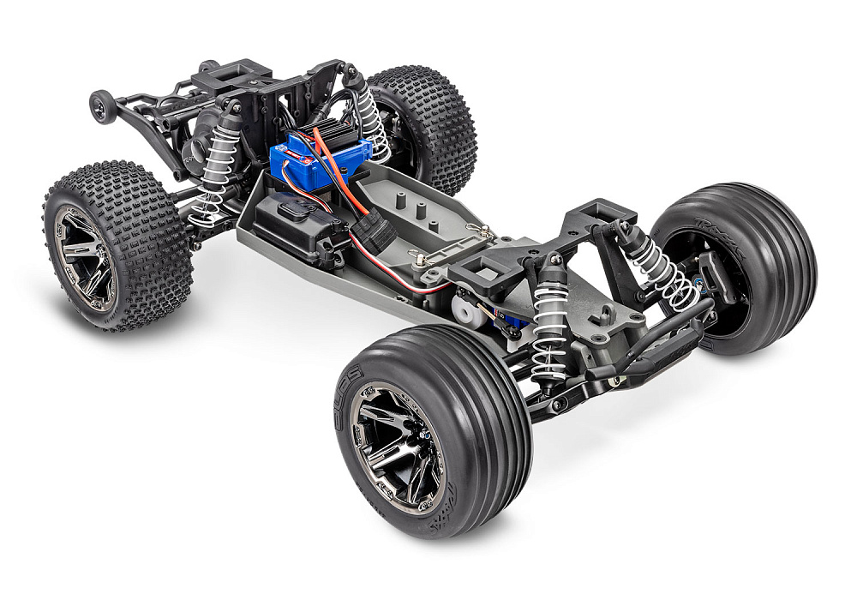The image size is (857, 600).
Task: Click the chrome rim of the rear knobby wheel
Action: pos(85,257)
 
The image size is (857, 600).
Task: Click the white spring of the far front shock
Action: pos(664,270)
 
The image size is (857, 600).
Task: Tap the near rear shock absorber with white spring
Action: pos(214,167)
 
